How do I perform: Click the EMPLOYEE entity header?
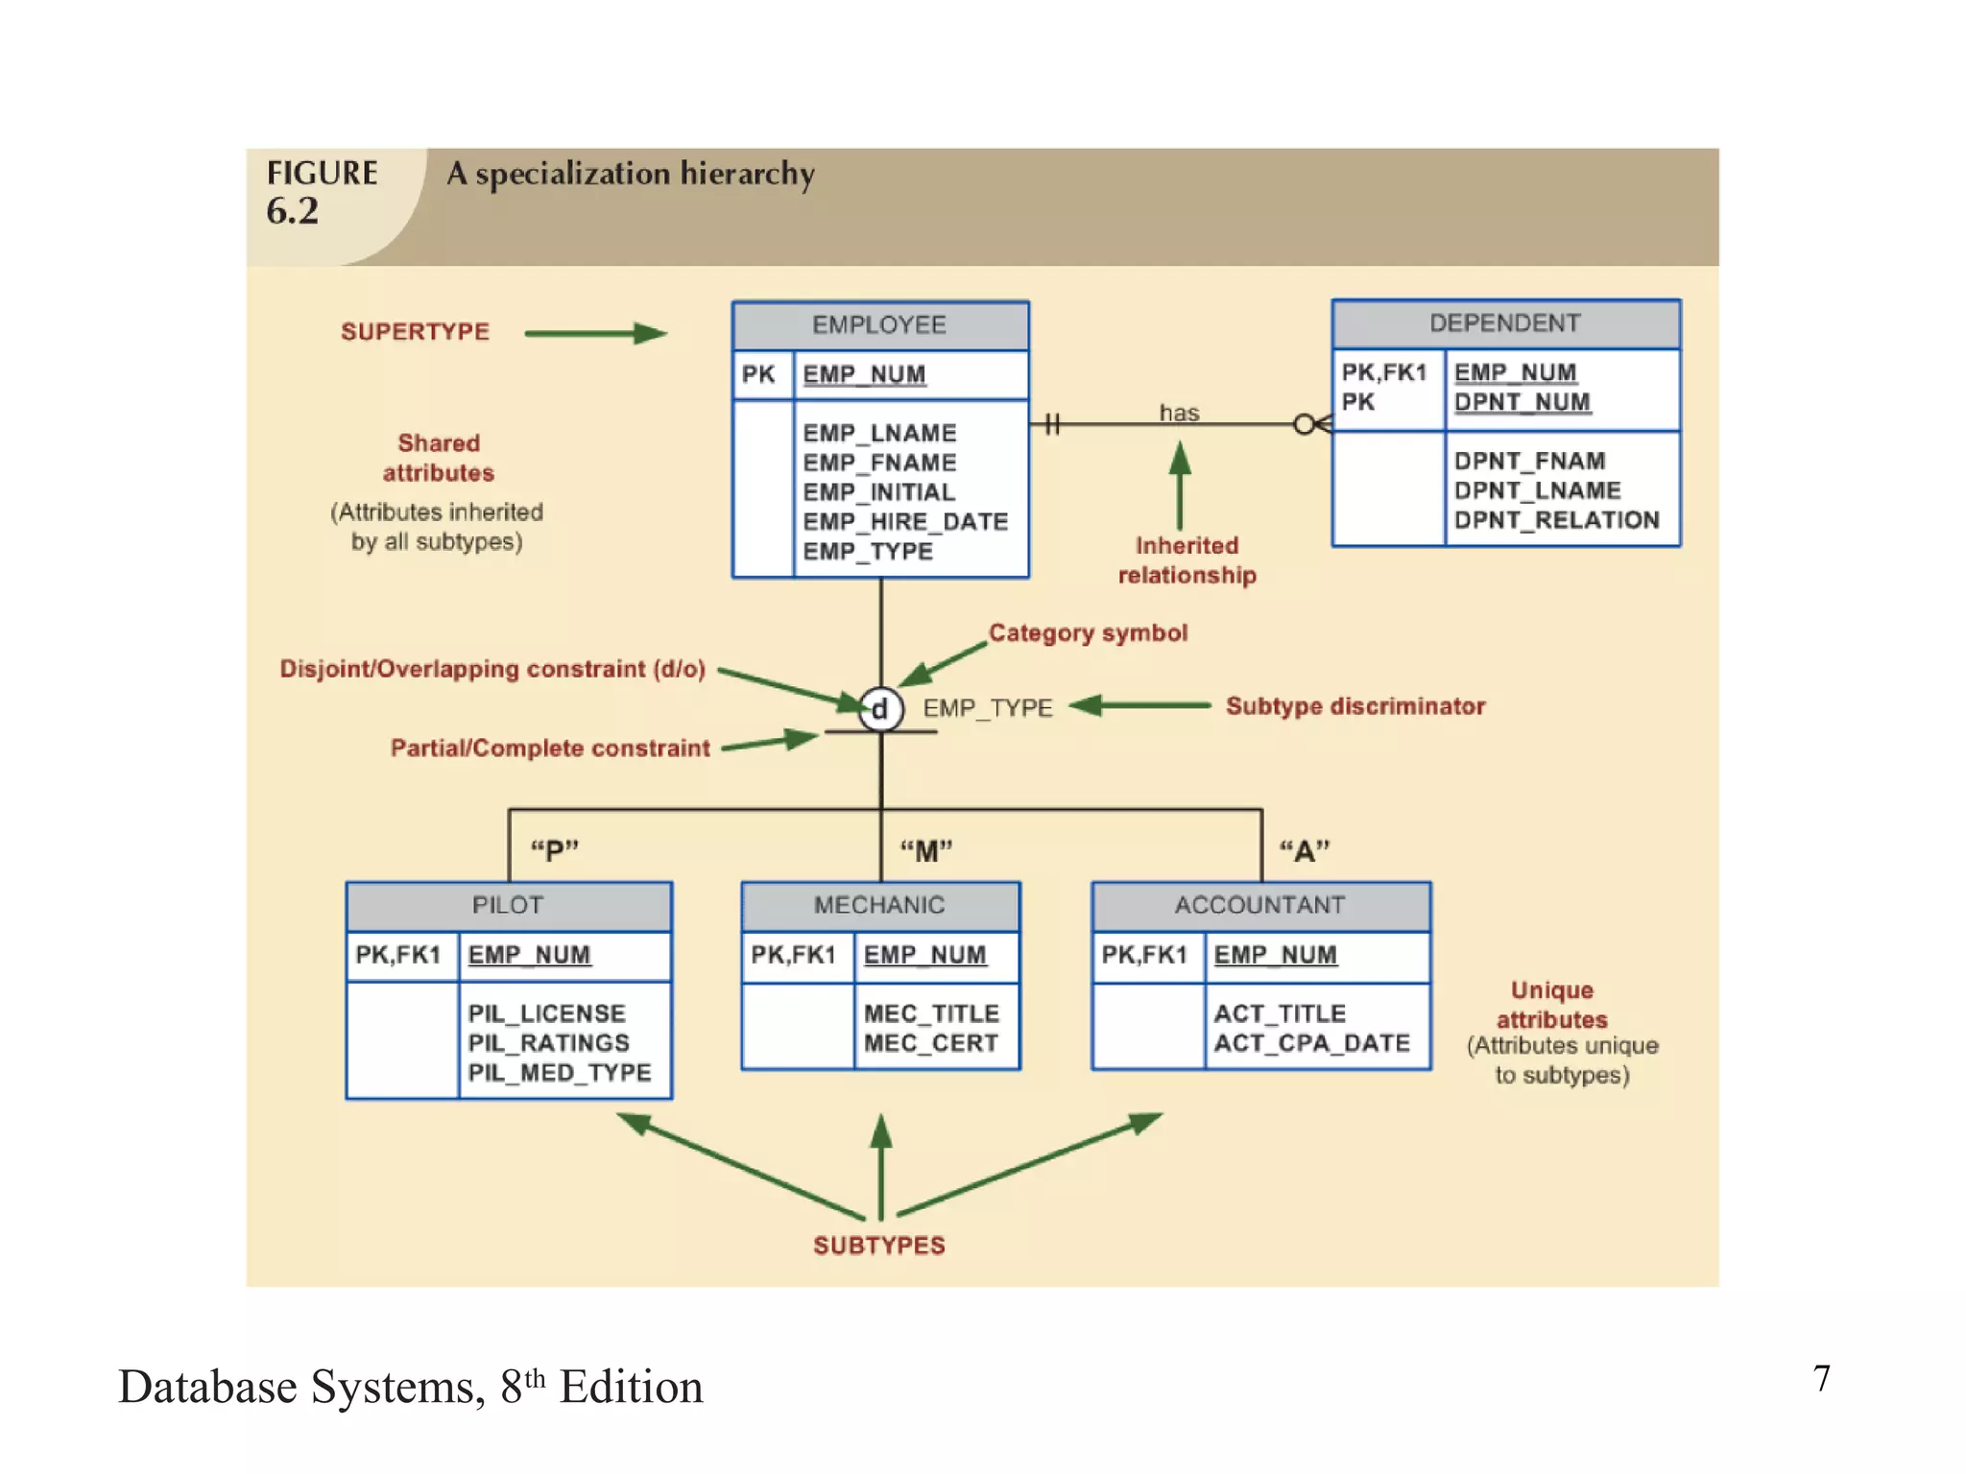pyautogui.click(x=879, y=325)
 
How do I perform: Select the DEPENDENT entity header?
pyautogui.click(x=1504, y=323)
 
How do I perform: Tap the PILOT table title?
pyautogui.click(x=508, y=905)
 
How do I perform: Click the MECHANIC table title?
pyautogui.click(x=879, y=905)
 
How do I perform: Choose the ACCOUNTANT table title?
pyautogui.click(x=1259, y=905)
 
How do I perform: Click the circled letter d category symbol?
pyautogui.click(x=880, y=709)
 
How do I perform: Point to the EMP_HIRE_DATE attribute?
pyautogui.click(x=905, y=521)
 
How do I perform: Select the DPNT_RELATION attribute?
pyautogui.click(x=1556, y=520)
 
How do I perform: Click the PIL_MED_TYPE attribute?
pyautogui.click(x=560, y=1072)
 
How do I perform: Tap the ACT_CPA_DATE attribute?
pyautogui.click(x=1311, y=1043)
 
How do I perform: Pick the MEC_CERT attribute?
pyautogui.click(x=930, y=1043)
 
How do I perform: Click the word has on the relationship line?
pyautogui.click(x=1179, y=413)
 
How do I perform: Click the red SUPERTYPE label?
pyautogui.click(x=415, y=332)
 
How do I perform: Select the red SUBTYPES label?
pyautogui.click(x=878, y=1246)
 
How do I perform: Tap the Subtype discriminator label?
pyautogui.click(x=1355, y=706)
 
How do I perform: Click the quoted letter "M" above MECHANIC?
pyautogui.click(x=925, y=850)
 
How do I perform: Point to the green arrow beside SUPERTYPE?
pyautogui.click(x=595, y=333)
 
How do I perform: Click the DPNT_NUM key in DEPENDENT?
pyautogui.click(x=1522, y=402)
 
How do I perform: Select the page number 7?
pyautogui.click(x=1821, y=1379)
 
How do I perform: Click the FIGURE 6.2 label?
pyautogui.click(x=322, y=192)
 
